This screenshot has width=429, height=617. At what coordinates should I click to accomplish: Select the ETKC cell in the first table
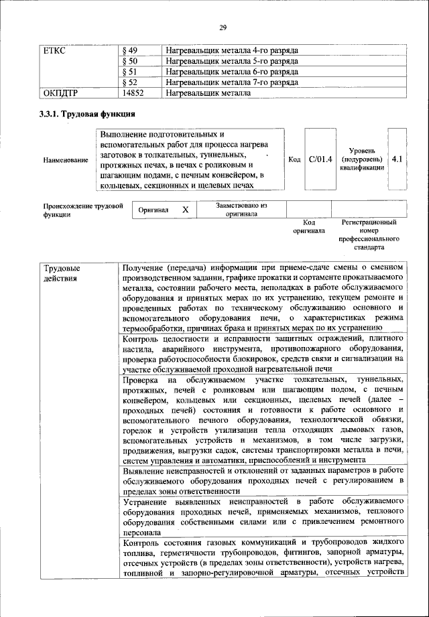54,51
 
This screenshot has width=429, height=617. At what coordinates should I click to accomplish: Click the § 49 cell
131,51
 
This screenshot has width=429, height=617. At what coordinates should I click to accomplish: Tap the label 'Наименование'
66,160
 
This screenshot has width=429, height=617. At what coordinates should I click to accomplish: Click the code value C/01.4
320,159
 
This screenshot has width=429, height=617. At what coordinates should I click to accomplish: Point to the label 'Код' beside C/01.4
294,159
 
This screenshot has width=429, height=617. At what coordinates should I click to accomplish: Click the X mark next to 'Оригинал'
186,210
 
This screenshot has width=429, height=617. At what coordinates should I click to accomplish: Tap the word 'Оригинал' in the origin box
153,210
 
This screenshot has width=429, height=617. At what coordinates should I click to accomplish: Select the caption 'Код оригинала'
308,226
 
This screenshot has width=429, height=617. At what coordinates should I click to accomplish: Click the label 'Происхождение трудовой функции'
84,210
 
